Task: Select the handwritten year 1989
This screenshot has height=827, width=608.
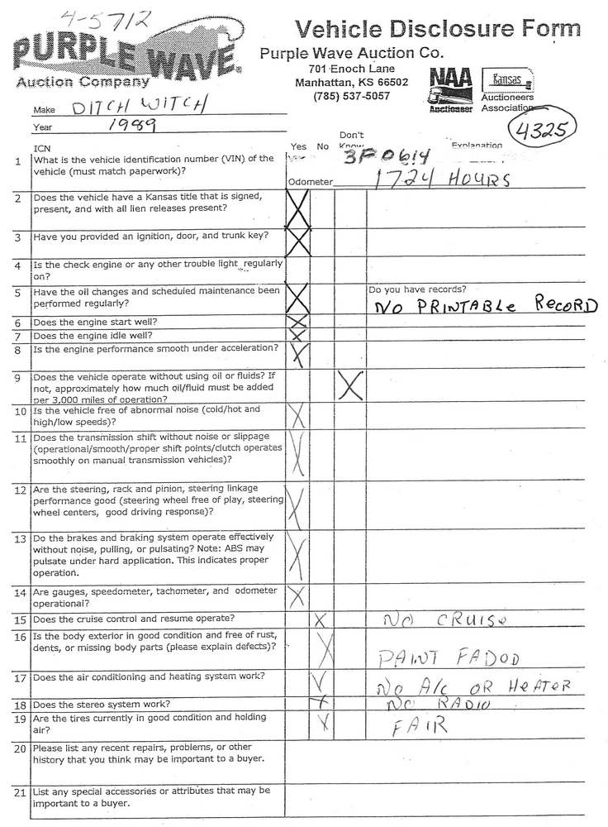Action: (x=132, y=125)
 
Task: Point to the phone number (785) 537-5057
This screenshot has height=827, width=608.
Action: (x=351, y=95)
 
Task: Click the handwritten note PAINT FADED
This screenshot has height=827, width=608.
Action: (x=449, y=658)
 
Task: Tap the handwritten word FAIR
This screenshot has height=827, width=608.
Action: (x=420, y=725)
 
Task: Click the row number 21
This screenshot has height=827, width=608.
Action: (x=20, y=791)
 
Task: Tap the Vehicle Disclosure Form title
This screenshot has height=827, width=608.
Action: (x=438, y=29)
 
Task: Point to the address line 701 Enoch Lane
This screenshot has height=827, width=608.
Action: (x=351, y=69)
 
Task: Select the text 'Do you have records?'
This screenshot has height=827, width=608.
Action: (x=417, y=289)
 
